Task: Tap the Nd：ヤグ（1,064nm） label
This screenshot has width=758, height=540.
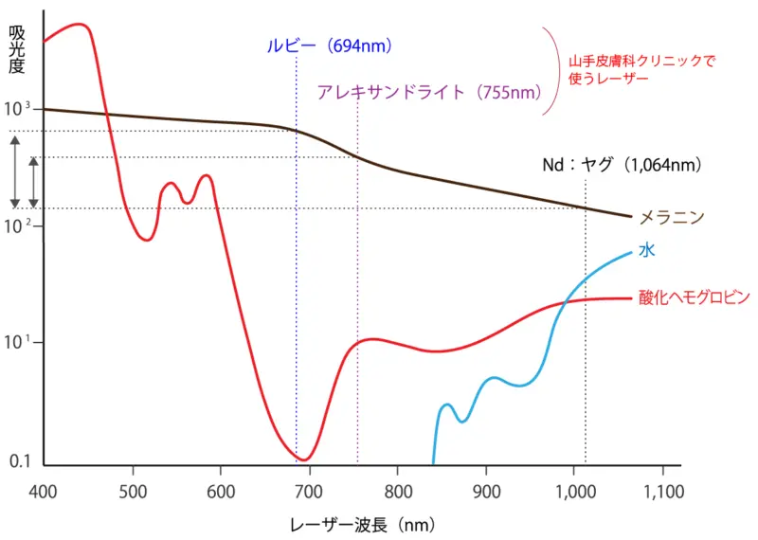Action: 622,165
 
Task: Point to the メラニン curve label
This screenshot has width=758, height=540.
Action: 672,217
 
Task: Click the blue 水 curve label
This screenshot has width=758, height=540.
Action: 647,250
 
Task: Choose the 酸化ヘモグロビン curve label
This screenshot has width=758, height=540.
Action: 694,297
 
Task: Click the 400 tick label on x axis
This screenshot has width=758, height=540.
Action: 44,491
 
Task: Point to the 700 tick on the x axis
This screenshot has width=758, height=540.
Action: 309,491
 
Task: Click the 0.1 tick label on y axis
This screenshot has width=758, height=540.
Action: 19,461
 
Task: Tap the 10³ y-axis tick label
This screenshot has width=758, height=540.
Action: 19,109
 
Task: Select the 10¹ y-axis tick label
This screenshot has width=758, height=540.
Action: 19,342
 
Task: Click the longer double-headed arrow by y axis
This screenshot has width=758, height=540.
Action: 14,171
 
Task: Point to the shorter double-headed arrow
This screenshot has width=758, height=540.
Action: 33,183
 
